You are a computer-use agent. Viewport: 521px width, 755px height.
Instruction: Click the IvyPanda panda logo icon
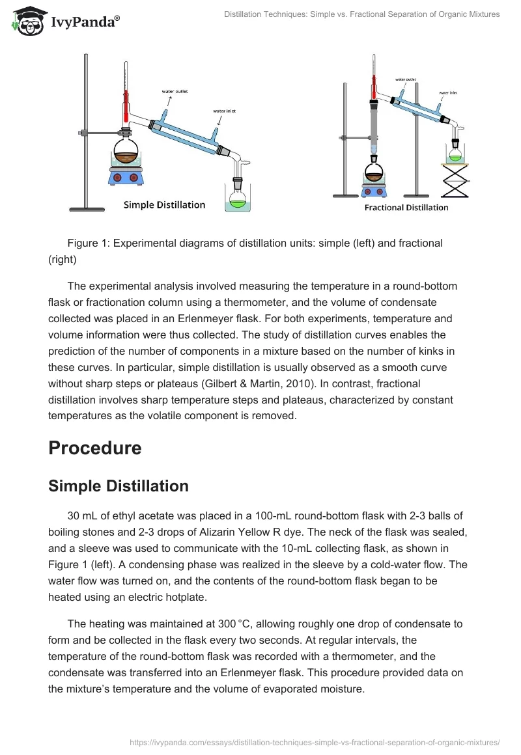click(27, 21)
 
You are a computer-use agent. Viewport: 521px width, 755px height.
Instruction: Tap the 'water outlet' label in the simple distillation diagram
click(175, 92)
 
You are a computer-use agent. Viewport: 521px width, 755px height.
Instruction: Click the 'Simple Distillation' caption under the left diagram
click(164, 205)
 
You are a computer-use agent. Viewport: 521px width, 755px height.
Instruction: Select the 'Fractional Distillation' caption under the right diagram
click(406, 208)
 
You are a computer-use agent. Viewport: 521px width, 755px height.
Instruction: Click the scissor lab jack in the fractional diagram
click(456, 180)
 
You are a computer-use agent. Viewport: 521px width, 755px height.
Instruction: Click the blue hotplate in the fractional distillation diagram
click(374, 189)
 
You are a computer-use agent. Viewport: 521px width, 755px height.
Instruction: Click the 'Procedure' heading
click(94, 448)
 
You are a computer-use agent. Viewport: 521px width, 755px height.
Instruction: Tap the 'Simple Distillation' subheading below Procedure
click(119, 486)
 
